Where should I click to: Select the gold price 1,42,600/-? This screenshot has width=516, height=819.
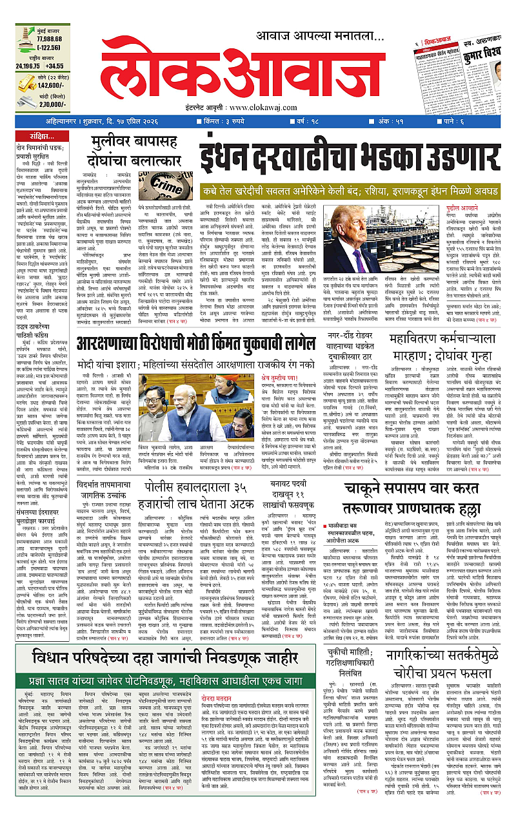tap(54, 85)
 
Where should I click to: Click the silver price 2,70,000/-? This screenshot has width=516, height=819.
tap(54, 104)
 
